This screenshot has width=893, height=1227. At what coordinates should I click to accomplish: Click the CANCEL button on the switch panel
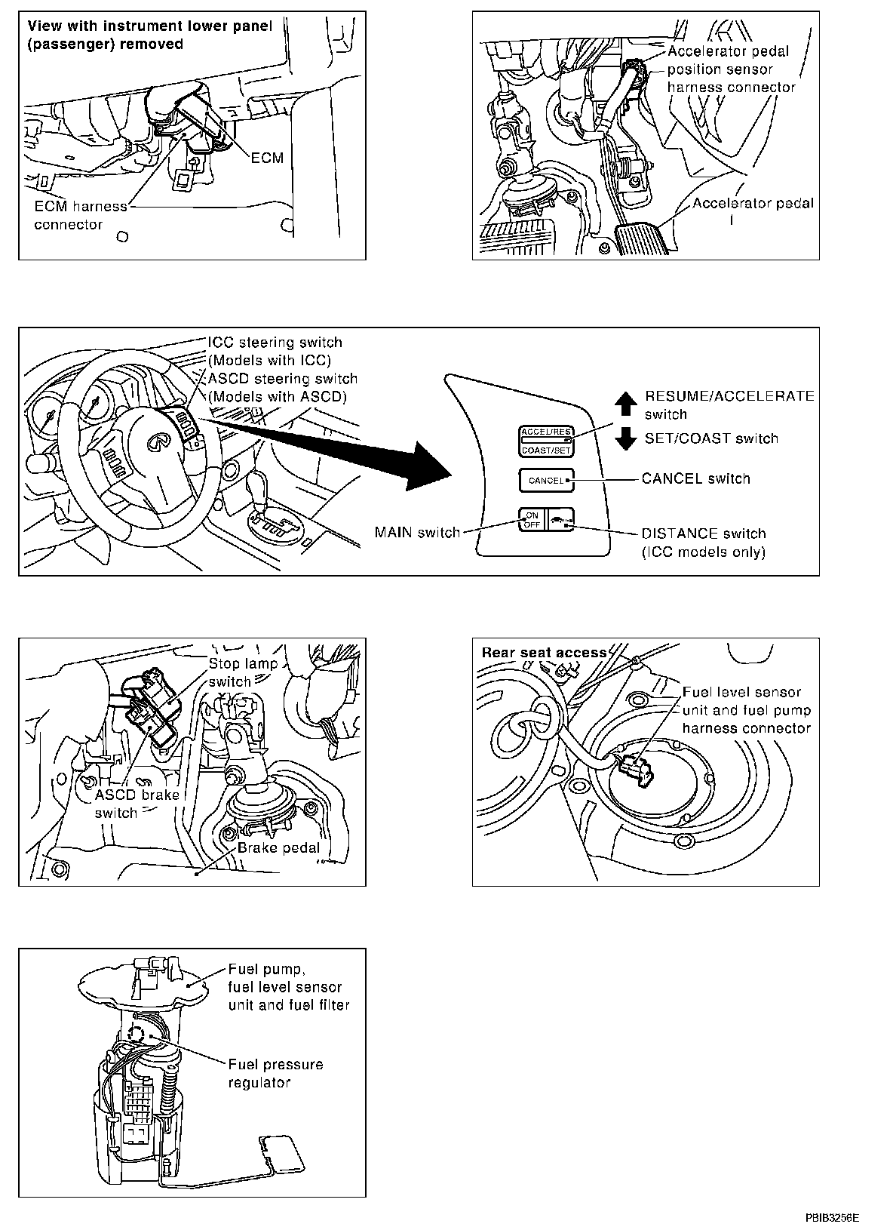(546, 480)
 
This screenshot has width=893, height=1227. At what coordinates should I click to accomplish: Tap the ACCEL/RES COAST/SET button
(546, 441)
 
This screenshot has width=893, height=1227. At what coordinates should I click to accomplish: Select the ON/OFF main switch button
(532, 520)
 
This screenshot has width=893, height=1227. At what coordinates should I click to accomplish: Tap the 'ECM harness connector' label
(80, 216)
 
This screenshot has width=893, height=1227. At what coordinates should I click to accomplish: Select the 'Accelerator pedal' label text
(753, 203)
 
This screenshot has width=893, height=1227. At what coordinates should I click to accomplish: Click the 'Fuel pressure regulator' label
(275, 1073)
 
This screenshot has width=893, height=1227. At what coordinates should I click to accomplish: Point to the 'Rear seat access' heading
(544, 652)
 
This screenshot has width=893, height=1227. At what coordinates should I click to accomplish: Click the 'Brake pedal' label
(278, 847)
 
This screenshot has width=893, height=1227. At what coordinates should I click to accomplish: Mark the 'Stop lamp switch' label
(243, 672)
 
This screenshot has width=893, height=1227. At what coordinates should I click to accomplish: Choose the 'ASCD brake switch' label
(137, 804)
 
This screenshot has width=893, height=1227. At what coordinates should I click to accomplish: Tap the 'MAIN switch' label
(417, 533)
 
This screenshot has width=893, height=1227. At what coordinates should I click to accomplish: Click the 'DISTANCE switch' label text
(703, 534)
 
